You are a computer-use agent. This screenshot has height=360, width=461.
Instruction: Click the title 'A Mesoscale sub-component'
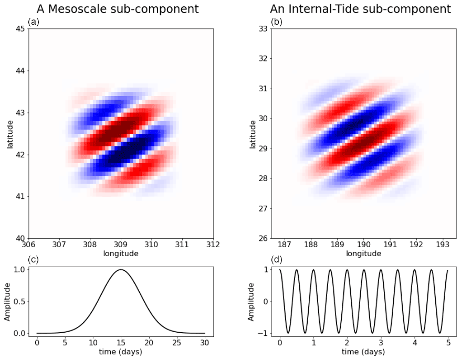[x=117, y=9]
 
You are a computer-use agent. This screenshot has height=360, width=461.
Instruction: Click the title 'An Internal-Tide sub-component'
[x=360, y=9]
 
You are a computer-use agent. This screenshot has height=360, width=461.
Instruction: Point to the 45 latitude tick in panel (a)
[x=19, y=29]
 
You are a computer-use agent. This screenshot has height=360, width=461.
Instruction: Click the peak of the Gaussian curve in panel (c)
[x=121, y=270]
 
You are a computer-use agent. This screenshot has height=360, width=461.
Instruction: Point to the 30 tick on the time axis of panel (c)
[x=205, y=342]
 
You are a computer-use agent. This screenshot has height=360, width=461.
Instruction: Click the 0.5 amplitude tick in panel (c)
[x=18, y=301]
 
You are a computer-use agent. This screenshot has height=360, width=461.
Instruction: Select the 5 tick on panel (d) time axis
[x=448, y=342]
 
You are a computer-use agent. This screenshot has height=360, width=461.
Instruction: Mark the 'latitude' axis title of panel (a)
[x=10, y=133]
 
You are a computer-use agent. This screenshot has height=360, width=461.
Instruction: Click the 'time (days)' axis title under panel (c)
[x=121, y=351]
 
